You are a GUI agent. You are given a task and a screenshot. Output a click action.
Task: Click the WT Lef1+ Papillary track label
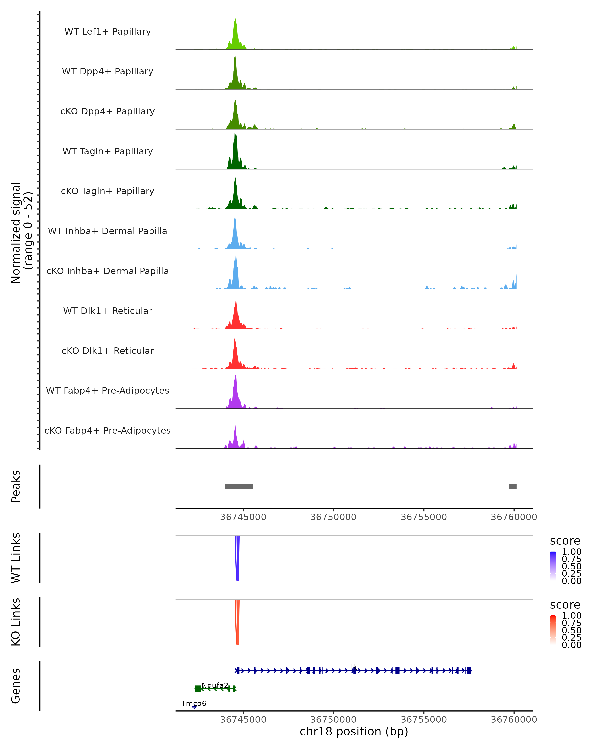click(108, 32)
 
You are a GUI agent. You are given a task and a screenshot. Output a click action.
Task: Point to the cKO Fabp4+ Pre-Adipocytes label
click(108, 430)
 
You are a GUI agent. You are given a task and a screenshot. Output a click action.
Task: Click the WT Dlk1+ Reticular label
click(108, 311)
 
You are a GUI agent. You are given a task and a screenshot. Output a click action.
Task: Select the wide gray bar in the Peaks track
click(239, 486)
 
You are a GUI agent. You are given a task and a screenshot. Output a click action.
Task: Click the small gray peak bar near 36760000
click(513, 486)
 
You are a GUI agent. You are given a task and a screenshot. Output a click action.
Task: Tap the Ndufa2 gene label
click(215, 685)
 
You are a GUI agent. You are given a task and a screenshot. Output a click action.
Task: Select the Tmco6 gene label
click(194, 703)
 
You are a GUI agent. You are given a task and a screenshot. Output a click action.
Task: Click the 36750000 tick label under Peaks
click(333, 517)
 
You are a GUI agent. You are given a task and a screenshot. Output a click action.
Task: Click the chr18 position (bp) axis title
click(354, 732)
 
